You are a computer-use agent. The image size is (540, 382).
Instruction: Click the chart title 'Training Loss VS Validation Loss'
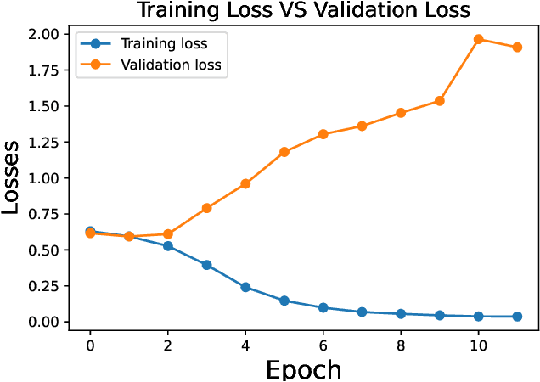(303, 10)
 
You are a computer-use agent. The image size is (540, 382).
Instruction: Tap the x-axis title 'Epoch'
(303, 369)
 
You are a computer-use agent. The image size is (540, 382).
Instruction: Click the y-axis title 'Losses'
(17, 177)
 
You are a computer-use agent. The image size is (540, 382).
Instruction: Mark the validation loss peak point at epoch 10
(478, 39)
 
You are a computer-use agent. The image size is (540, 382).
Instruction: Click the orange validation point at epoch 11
(517, 48)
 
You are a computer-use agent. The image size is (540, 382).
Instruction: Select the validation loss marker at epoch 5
(284, 152)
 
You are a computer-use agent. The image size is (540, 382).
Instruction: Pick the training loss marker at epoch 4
(245, 287)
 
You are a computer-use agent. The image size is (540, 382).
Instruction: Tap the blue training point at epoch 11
(517, 317)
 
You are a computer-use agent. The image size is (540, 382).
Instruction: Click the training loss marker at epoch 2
(168, 246)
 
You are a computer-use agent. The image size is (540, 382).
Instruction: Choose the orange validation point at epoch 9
(440, 101)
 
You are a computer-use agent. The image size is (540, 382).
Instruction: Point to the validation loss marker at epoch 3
(206, 208)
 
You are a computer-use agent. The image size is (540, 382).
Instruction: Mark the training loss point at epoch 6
(323, 307)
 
